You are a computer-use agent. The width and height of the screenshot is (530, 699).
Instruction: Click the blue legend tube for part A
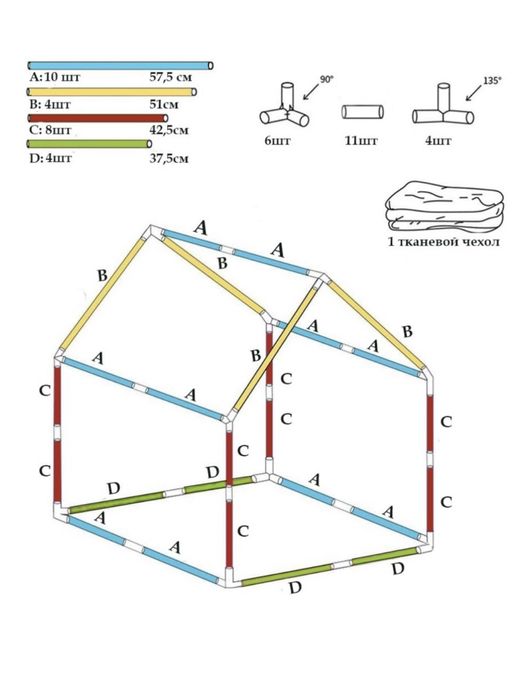(x=120, y=66)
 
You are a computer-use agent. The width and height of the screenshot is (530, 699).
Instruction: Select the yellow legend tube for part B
(x=112, y=92)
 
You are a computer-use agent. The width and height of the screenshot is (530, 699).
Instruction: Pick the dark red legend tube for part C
(x=98, y=118)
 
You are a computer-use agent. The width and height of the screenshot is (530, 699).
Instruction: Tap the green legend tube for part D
(x=89, y=144)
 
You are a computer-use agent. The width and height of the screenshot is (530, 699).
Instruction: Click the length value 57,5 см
(x=171, y=77)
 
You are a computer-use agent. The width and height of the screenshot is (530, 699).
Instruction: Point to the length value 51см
(x=164, y=104)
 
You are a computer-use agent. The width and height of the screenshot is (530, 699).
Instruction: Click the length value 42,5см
(x=169, y=130)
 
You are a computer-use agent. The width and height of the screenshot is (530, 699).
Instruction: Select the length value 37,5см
(x=169, y=158)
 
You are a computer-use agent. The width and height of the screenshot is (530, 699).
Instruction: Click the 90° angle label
(x=326, y=80)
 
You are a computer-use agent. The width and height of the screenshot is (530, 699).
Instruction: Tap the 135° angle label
(x=492, y=81)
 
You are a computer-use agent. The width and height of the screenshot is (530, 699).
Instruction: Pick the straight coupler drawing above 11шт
(x=363, y=112)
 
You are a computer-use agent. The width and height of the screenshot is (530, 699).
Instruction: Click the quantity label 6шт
(x=277, y=141)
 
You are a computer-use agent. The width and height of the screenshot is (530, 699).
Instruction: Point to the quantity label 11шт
(x=361, y=141)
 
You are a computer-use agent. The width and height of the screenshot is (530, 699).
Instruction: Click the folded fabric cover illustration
(x=444, y=206)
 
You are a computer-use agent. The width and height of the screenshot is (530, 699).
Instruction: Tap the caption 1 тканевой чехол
(x=444, y=242)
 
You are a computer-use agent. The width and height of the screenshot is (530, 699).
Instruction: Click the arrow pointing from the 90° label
(x=311, y=91)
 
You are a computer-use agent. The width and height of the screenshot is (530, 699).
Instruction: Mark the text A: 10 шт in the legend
(x=54, y=77)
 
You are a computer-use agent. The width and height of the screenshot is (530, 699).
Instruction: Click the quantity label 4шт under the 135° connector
(x=438, y=141)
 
